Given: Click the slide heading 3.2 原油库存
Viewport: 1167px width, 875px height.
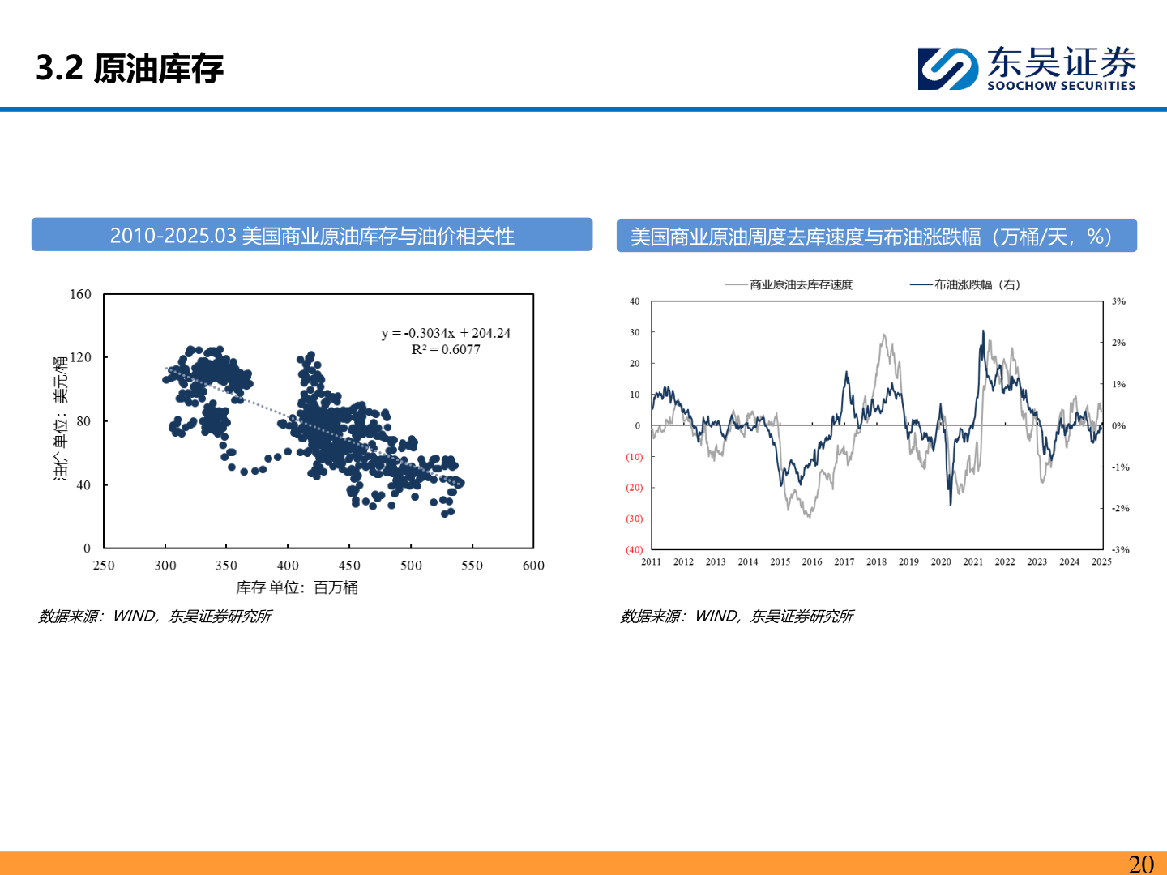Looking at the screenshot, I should click(130, 68).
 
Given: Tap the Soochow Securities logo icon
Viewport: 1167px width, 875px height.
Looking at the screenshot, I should click(947, 69).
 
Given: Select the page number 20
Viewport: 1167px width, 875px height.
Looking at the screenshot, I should click(1141, 864).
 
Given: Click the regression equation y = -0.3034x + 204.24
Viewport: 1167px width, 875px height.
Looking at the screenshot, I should click(446, 333).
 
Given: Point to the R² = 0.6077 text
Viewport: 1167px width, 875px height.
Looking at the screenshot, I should click(446, 350).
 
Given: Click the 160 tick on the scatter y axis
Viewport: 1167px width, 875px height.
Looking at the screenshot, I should click(80, 294).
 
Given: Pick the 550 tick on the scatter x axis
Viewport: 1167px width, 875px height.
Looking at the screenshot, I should click(472, 566).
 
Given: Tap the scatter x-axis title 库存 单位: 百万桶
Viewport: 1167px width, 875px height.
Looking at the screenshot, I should click(297, 587).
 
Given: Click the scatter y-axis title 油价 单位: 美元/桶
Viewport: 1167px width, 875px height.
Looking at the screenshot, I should click(61, 418).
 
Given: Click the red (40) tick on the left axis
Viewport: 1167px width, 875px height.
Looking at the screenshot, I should click(634, 549).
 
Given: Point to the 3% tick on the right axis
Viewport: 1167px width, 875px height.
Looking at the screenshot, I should click(1118, 301).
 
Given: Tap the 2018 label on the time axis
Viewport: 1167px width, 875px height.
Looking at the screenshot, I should click(876, 561).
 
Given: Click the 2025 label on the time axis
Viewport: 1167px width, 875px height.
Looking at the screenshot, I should click(1101, 561).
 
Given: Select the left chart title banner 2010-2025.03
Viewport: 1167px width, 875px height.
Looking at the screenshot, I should click(312, 236).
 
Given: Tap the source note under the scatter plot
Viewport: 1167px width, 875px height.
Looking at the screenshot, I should click(155, 617).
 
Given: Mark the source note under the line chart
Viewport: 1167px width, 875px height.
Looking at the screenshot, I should click(737, 617).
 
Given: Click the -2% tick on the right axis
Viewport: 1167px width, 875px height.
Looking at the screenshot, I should click(1120, 508).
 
